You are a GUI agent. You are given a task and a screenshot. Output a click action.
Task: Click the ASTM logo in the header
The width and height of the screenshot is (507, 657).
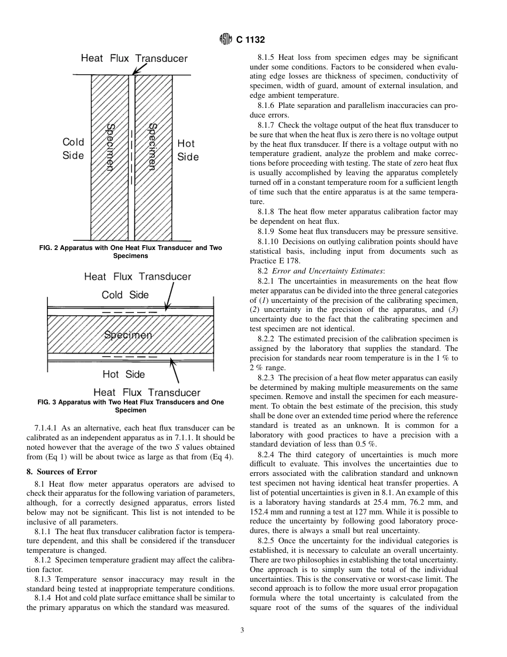point(226,39)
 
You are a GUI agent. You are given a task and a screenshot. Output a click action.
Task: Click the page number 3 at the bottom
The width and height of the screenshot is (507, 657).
point(242,630)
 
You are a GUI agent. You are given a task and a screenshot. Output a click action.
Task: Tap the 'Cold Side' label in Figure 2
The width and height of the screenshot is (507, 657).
point(73,148)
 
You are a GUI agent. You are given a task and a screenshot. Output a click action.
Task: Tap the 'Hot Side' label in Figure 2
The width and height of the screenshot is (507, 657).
point(188,150)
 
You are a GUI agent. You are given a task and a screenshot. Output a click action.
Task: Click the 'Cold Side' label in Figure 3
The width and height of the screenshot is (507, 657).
point(125,295)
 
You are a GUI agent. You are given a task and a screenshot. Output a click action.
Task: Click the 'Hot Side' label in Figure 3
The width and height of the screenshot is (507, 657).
point(124,374)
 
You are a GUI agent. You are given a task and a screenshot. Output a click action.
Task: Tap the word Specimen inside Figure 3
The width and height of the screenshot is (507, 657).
point(128,335)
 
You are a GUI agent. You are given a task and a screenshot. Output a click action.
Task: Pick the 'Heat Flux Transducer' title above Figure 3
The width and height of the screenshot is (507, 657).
point(137,276)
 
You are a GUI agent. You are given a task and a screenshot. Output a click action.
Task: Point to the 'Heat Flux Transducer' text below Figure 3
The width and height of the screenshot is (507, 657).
point(147,393)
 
